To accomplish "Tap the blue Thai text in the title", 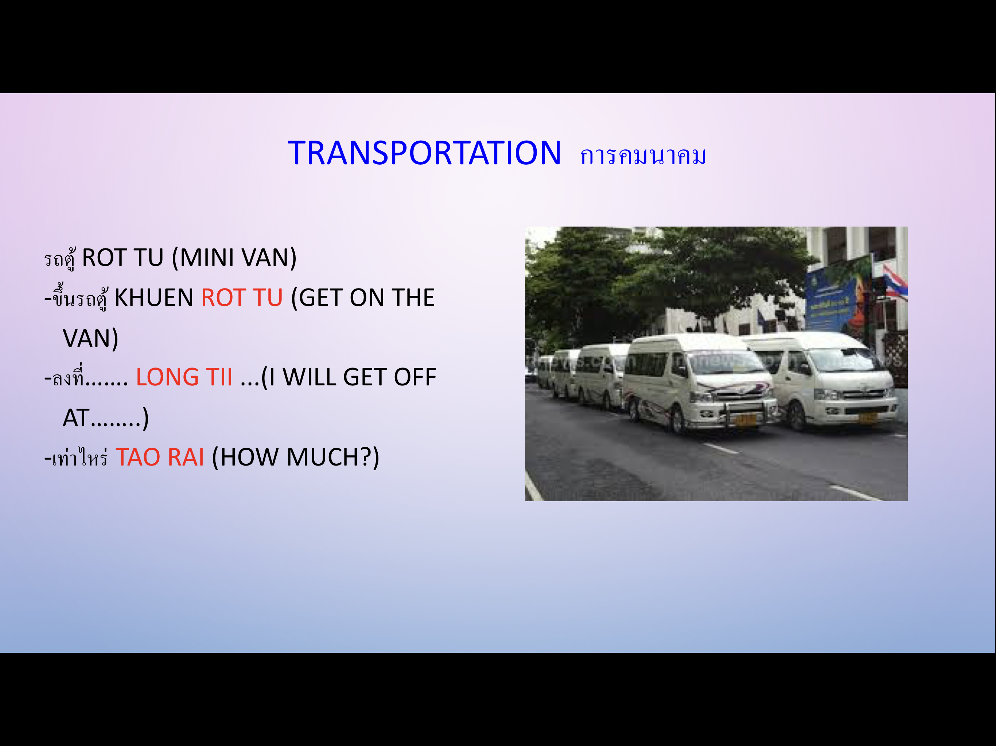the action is pyautogui.click(x=643, y=156).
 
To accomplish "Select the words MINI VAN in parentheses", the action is pyautogui.click(x=234, y=258).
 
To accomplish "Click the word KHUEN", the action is pyautogui.click(x=153, y=298).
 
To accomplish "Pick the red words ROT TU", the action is pyautogui.click(x=242, y=298).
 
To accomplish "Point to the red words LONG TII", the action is pyautogui.click(x=184, y=377).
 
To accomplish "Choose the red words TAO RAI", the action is pyautogui.click(x=160, y=457).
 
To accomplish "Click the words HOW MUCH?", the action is pyautogui.click(x=295, y=458).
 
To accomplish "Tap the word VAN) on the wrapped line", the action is pyautogui.click(x=90, y=338).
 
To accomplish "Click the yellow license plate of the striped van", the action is pyautogui.click(x=745, y=420).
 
